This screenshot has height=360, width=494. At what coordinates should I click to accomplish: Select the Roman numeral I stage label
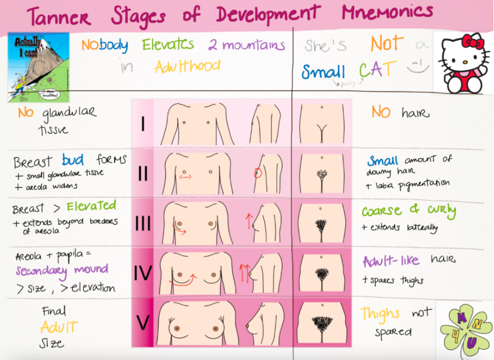[x=143, y=124]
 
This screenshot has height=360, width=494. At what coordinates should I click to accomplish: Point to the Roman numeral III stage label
[x=143, y=223]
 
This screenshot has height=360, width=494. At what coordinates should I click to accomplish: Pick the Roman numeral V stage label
[x=143, y=323]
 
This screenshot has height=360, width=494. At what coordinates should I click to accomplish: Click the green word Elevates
[x=168, y=46]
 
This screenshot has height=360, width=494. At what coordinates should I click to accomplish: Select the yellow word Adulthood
[x=187, y=67]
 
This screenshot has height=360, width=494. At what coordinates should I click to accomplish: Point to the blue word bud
[x=73, y=160]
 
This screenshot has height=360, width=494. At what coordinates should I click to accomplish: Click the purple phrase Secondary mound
[x=61, y=271]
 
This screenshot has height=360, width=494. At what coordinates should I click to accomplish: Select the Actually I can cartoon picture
[x=38, y=67]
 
